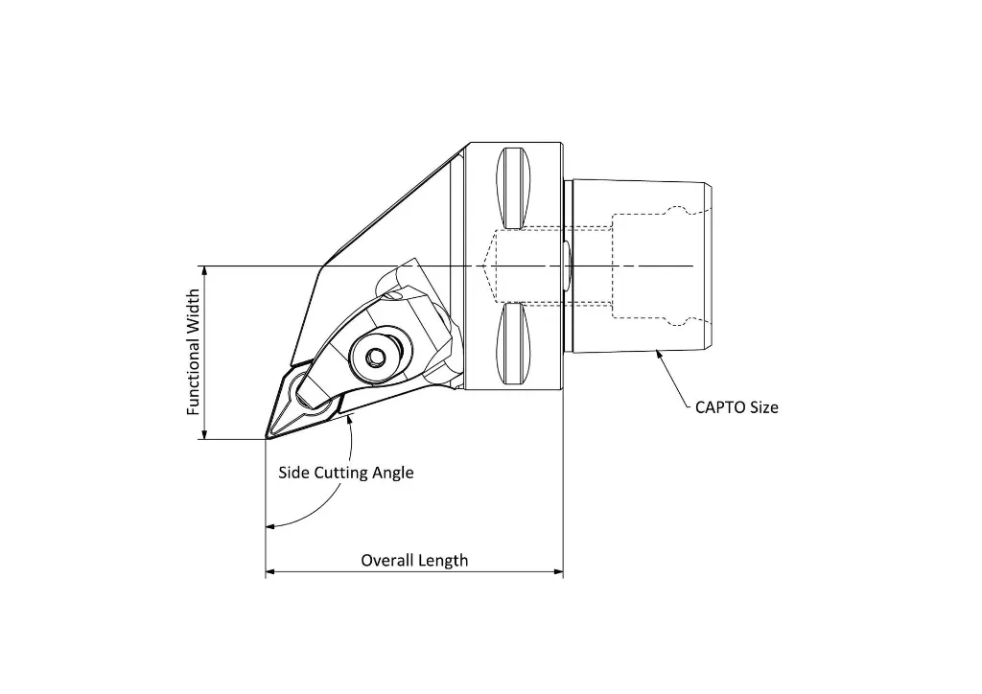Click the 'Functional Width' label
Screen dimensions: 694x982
194,352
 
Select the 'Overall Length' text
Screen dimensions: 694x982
414,560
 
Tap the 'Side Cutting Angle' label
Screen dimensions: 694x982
346,473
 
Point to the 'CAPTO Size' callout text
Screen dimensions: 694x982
736,407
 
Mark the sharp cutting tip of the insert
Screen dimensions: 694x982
266,439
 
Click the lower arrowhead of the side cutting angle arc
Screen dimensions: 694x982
272,525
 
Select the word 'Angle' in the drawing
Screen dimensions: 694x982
393,473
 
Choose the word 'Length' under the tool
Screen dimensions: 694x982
444,560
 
